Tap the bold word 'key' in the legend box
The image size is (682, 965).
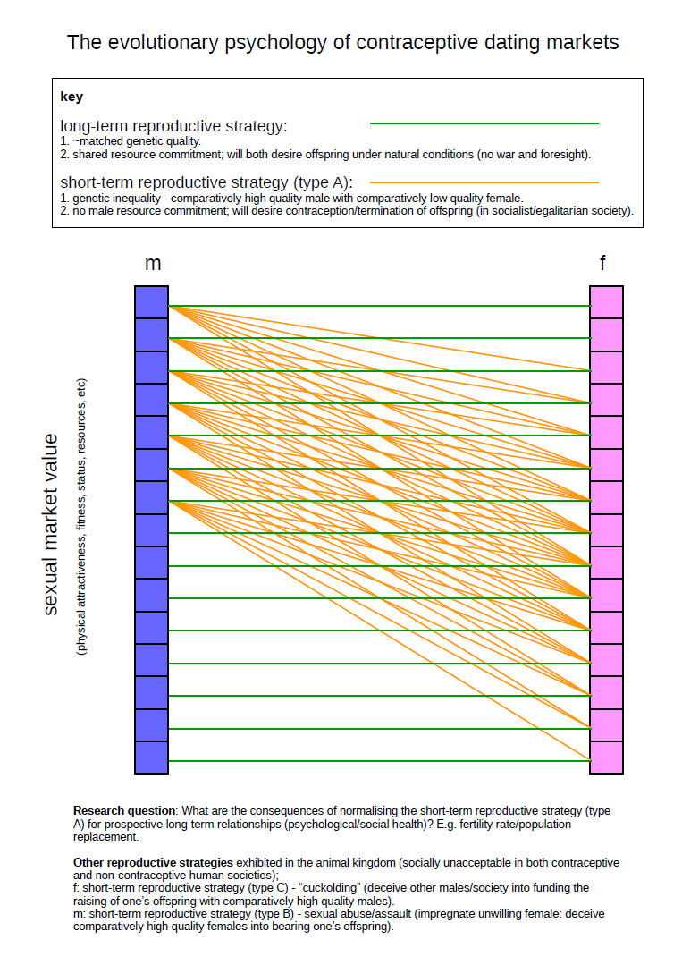[x=72, y=97]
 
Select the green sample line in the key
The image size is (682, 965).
[x=484, y=123]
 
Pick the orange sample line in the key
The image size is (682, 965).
[x=484, y=182]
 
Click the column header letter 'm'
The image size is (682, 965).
[x=153, y=263]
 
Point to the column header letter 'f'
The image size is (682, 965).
[x=605, y=263]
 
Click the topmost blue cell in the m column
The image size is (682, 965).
[x=151, y=302]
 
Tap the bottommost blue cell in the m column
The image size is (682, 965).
[x=151, y=758]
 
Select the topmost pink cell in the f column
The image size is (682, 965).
[x=606, y=302]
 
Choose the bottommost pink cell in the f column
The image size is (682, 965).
[x=606, y=758]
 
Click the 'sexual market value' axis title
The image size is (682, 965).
[x=51, y=524]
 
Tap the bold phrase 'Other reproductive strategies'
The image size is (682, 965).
[x=153, y=862]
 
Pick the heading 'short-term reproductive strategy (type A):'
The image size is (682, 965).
[x=206, y=182]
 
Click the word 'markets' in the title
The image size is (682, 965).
[x=575, y=42]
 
